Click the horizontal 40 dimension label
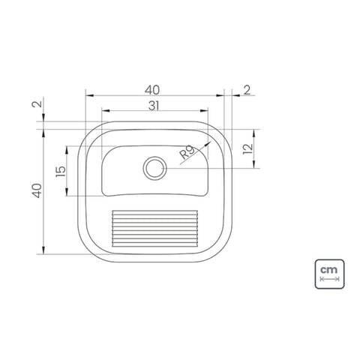tap(152, 90)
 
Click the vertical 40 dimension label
tap(37, 190)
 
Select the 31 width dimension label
tap(154, 106)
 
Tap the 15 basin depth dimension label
tap(61, 172)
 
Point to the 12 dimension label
tap(248, 149)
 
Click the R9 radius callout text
tap(187, 153)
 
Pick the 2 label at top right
tap(247, 90)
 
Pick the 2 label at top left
tap(37, 103)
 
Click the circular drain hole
tap(155, 168)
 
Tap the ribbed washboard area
tap(155, 229)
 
